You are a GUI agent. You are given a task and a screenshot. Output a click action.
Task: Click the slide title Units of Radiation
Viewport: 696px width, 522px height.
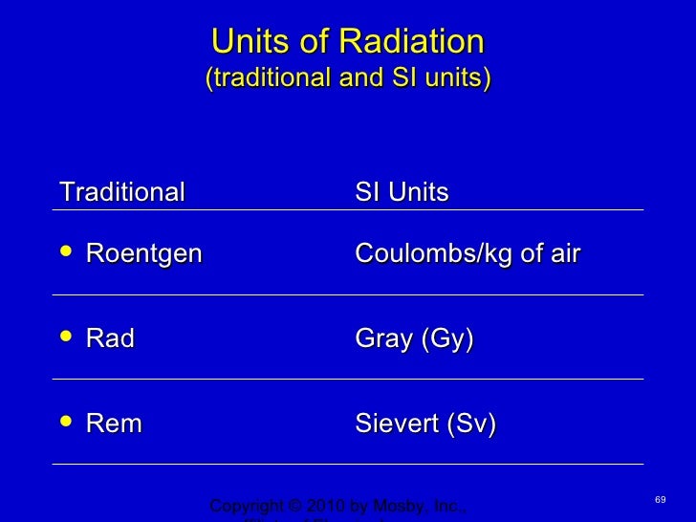[347, 42]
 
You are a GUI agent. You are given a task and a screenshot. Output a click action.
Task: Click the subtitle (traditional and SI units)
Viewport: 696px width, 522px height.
[347, 77]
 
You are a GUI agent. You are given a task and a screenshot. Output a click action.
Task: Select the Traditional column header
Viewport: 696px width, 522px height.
[121, 192]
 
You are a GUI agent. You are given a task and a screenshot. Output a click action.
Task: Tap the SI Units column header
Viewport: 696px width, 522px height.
[402, 192]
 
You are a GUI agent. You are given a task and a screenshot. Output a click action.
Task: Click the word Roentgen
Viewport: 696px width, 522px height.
[143, 253]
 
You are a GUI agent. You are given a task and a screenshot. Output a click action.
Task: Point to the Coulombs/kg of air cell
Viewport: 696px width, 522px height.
[468, 253]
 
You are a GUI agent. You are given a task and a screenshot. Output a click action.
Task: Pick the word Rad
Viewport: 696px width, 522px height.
[110, 338]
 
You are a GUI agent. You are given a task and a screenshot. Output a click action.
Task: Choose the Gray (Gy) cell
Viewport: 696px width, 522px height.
[414, 338]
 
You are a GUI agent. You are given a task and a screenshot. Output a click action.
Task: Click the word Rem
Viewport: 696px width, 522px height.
[114, 424]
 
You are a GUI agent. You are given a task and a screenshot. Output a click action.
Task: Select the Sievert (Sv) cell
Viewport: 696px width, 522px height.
[425, 424]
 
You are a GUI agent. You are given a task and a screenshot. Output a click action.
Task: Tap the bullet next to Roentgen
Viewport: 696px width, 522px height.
[65, 252]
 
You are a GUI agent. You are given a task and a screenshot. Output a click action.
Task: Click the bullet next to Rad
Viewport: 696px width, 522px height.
[65, 337]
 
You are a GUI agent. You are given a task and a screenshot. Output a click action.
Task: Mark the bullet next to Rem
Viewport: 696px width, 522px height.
[65, 423]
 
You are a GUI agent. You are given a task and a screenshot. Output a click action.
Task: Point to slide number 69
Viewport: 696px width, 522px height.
[660, 500]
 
